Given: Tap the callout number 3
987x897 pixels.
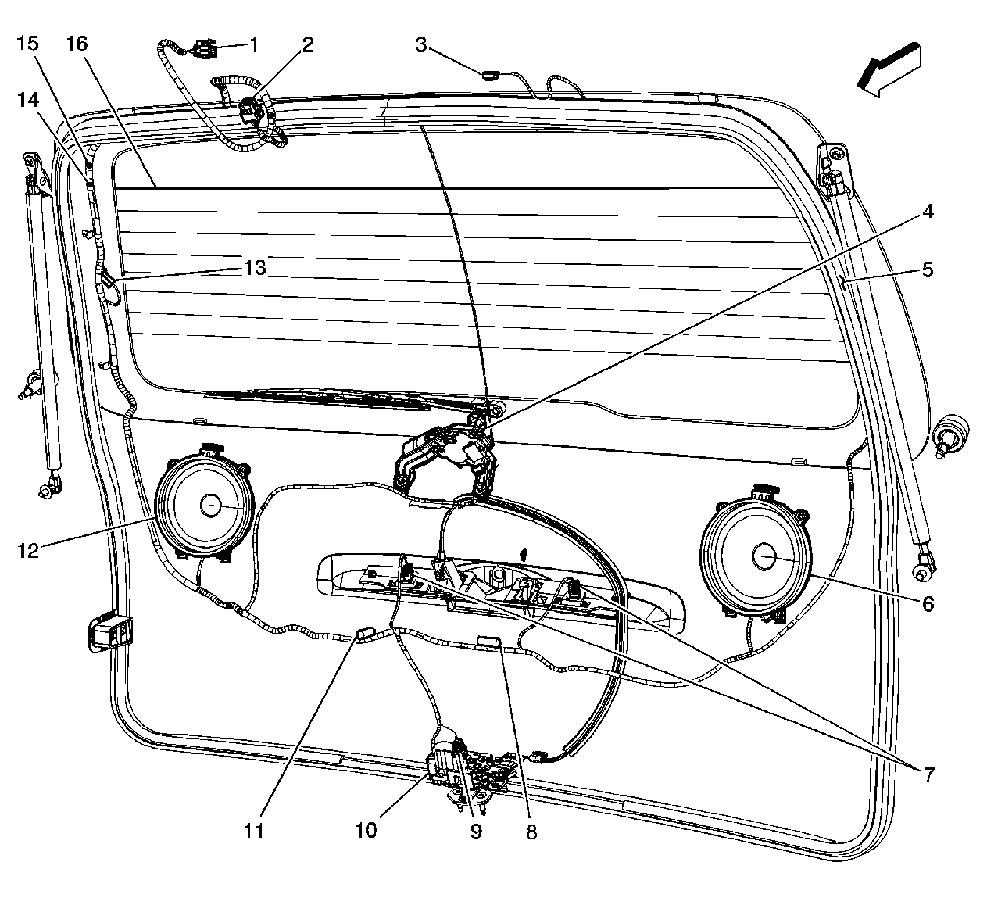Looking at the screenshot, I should point(421,44).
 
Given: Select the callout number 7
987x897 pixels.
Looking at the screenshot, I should point(929,775).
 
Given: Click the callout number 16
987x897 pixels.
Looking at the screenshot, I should point(77,44).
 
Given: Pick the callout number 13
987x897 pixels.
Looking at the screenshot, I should point(255,268).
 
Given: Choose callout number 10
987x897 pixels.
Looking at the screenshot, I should point(366,830).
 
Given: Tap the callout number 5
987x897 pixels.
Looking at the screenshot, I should point(927,269).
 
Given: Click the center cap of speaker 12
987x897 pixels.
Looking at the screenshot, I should point(211,505).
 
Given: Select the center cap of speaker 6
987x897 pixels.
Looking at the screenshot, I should point(764,557).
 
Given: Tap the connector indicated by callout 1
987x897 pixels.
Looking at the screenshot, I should point(202,50).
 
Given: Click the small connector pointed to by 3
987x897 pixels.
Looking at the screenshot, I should point(489,75).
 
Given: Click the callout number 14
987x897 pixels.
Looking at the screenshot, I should point(28,100).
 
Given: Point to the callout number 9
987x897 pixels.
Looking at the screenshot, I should point(476,831).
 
